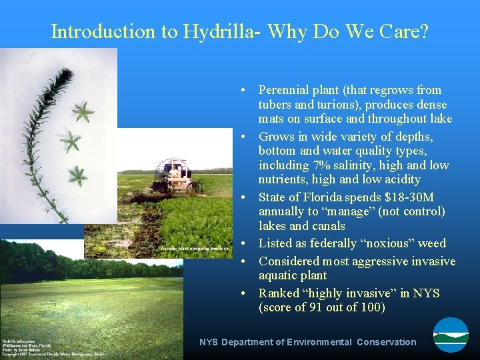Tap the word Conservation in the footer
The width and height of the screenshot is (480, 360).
pyautogui.click(x=386, y=342)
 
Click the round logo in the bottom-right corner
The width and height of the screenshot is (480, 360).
pyautogui.click(x=451, y=335)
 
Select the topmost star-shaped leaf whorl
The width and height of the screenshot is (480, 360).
pyautogui.click(x=83, y=112)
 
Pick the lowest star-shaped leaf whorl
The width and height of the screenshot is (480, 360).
pyautogui.click(x=78, y=175)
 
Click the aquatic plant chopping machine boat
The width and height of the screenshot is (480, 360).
pyautogui.click(x=172, y=174)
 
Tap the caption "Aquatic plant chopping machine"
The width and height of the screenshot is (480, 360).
pyautogui.click(x=189, y=249)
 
